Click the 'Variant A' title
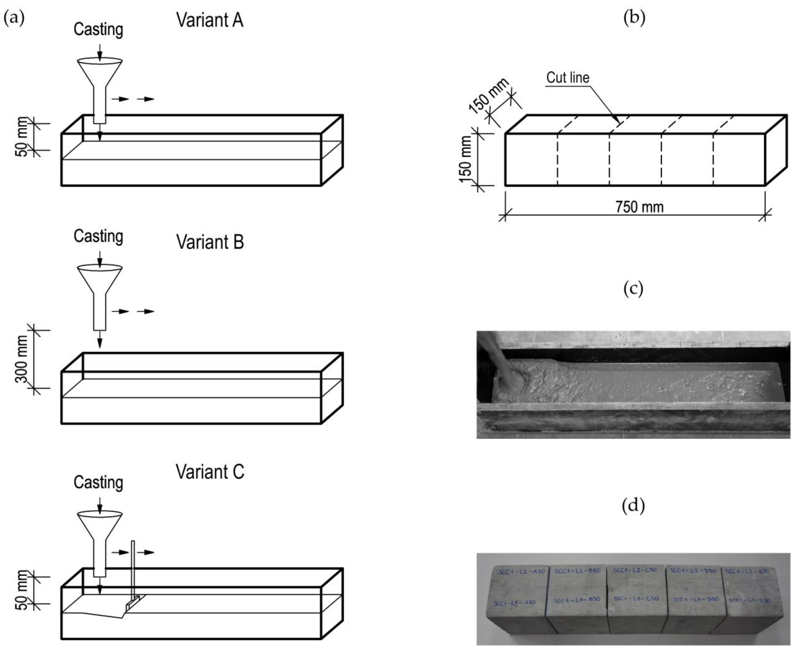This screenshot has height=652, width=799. click(x=210, y=20)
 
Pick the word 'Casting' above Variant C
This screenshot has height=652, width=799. click(x=98, y=483)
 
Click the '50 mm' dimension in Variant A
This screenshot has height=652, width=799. click(x=22, y=137)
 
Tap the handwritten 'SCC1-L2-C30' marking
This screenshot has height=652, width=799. click(x=635, y=570)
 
